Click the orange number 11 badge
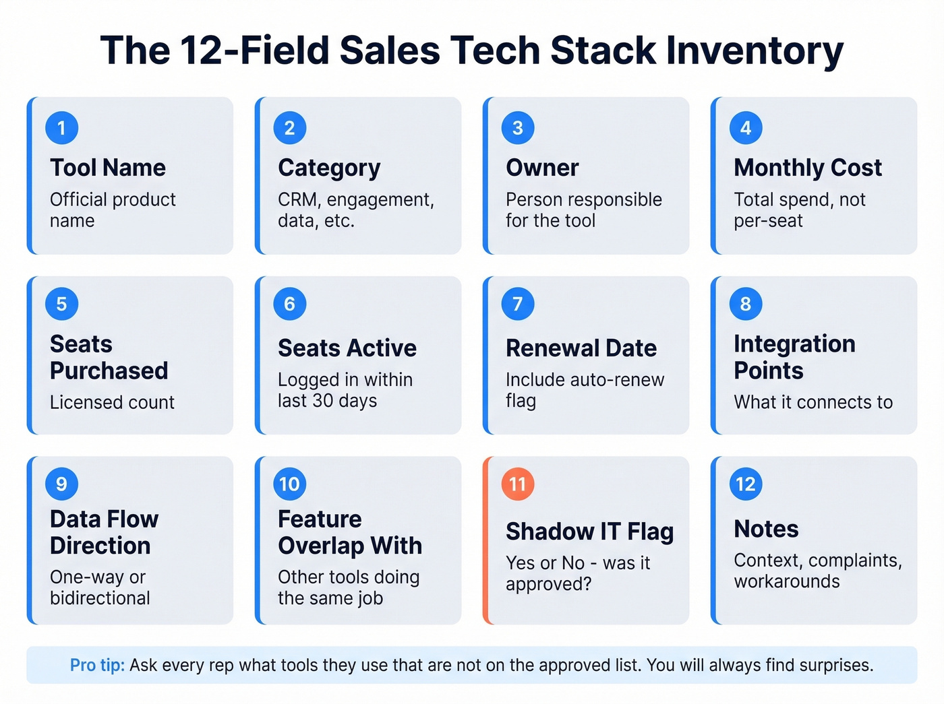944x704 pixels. [x=517, y=484]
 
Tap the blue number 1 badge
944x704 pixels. [x=61, y=128]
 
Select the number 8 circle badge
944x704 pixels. [x=745, y=304]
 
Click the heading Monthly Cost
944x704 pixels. [x=807, y=167]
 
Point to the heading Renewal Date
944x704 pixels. [x=581, y=348]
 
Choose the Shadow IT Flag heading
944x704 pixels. [x=589, y=532]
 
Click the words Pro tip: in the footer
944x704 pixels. [x=97, y=665]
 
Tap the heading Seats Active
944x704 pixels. [x=347, y=348]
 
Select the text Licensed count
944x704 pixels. [x=112, y=402]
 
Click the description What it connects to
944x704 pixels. [x=813, y=402]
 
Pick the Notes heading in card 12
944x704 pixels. [x=766, y=529]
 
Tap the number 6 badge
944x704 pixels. [x=289, y=304]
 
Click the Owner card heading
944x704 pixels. [x=542, y=167]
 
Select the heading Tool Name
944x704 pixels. [x=107, y=167]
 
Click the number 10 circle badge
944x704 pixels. [x=289, y=484]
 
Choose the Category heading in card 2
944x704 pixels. [x=329, y=167]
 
